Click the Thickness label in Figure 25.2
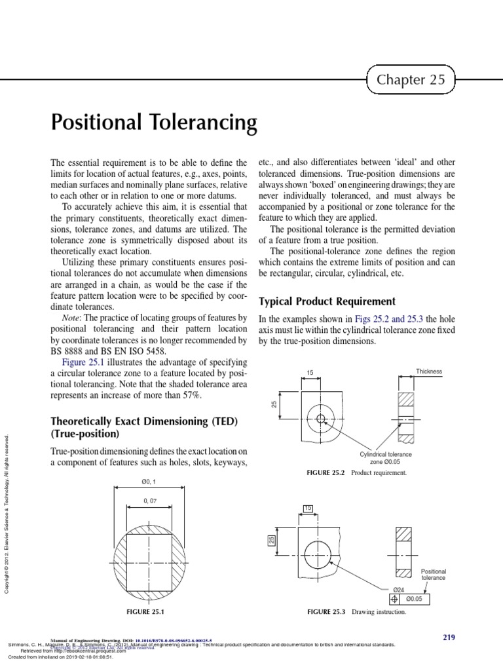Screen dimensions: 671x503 429,372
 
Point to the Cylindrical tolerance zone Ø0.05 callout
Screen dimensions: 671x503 384,458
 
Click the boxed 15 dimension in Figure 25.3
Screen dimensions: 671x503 308,508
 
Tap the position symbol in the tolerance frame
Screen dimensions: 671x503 394,598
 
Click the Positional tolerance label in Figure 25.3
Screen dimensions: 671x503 433,575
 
